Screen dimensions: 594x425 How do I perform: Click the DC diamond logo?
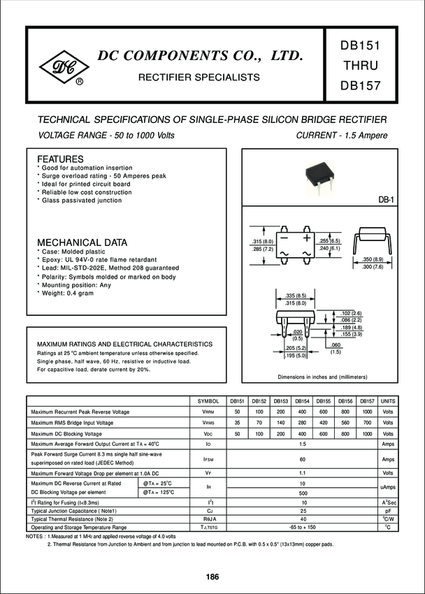[x=68, y=68]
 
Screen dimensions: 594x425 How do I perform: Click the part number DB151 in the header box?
[x=360, y=45]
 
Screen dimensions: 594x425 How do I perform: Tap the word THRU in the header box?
[x=360, y=67]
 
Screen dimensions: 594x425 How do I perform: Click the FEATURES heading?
[x=60, y=159]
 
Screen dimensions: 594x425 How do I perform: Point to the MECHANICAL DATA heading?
[x=82, y=242]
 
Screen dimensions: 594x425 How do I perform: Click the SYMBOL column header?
[x=208, y=400]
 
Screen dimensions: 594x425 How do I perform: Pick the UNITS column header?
[x=388, y=400]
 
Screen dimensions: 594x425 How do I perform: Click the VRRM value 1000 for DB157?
[x=367, y=412]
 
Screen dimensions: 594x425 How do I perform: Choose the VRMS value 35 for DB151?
[x=238, y=422]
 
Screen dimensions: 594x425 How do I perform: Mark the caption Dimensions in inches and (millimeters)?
[x=322, y=377]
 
